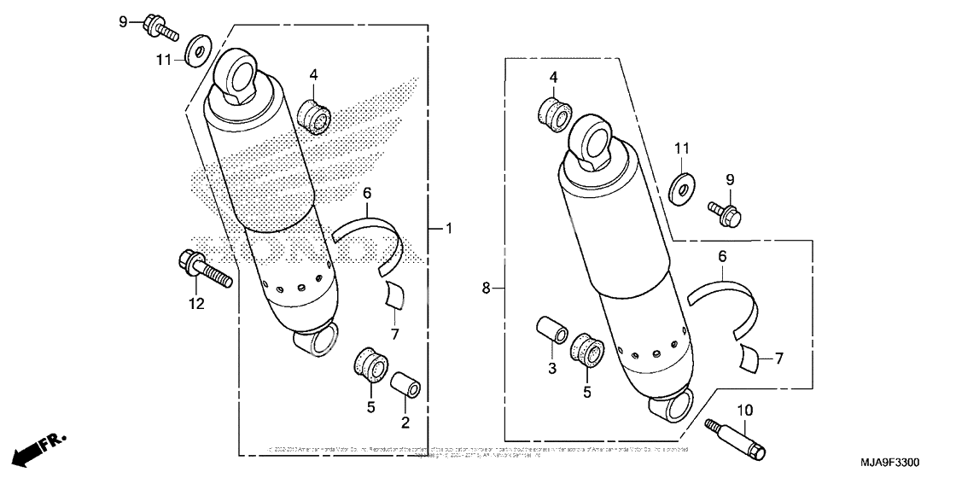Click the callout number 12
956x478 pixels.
click(x=197, y=304)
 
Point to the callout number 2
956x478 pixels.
click(x=405, y=422)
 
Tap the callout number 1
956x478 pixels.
click(x=451, y=229)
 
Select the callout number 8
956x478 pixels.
click(x=487, y=289)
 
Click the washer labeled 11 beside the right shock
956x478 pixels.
click(x=681, y=185)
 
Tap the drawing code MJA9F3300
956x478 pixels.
click(x=889, y=463)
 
